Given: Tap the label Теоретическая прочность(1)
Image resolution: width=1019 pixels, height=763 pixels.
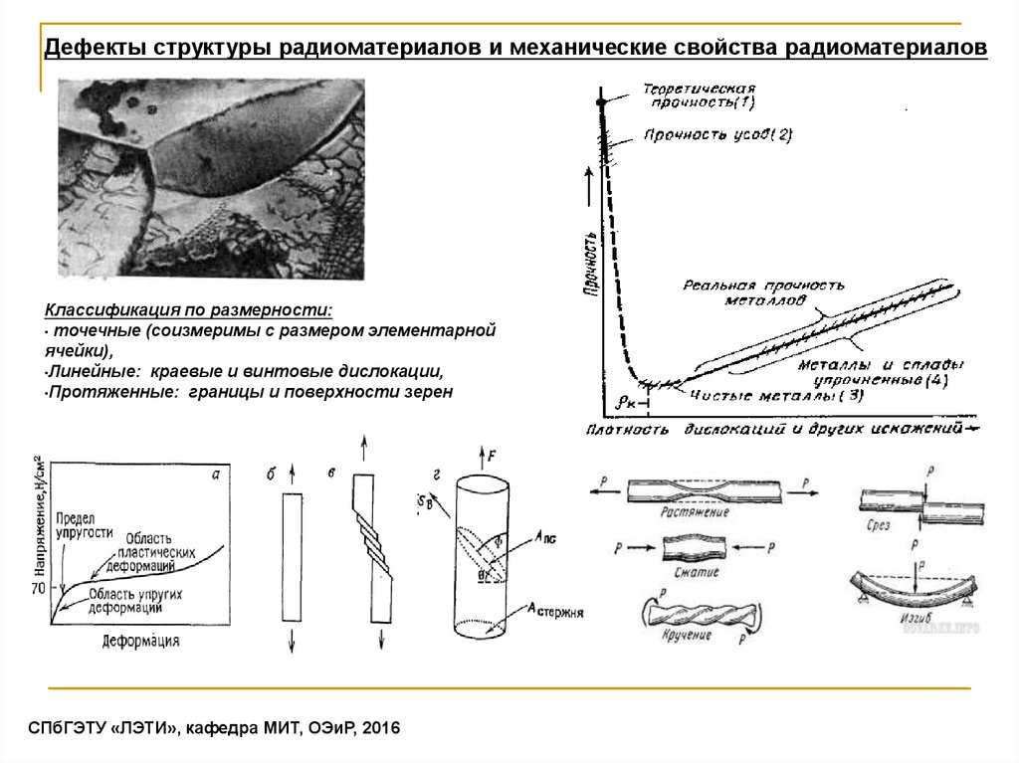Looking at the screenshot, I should (x=700, y=95).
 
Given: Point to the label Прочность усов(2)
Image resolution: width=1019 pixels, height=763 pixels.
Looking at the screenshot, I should (x=717, y=135).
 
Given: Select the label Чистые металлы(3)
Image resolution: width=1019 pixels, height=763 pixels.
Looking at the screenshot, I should (x=775, y=396).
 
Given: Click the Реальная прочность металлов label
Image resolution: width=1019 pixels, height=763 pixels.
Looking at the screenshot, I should (x=763, y=291).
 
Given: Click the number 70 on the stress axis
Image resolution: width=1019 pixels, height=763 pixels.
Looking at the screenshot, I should (x=39, y=589).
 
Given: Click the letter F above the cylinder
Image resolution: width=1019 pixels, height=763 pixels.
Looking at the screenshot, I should (x=493, y=457).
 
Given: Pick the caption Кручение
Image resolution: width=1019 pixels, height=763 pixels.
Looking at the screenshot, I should (x=688, y=634).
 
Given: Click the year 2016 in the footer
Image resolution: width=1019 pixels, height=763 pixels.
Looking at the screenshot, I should (x=378, y=729).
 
